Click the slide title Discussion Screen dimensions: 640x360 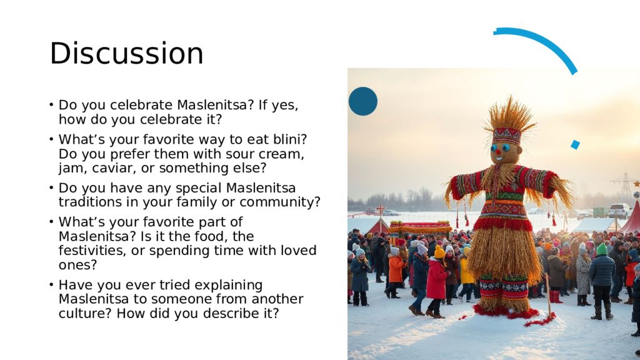coord(126,53)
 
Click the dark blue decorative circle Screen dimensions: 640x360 coord(363,101)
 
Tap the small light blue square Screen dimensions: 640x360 coord(575,144)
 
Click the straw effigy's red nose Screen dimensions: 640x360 coord(498,152)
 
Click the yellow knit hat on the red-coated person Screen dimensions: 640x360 coord(439,252)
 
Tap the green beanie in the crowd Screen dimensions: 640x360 coord(602,249)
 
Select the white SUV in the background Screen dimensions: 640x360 coord(619,211)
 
